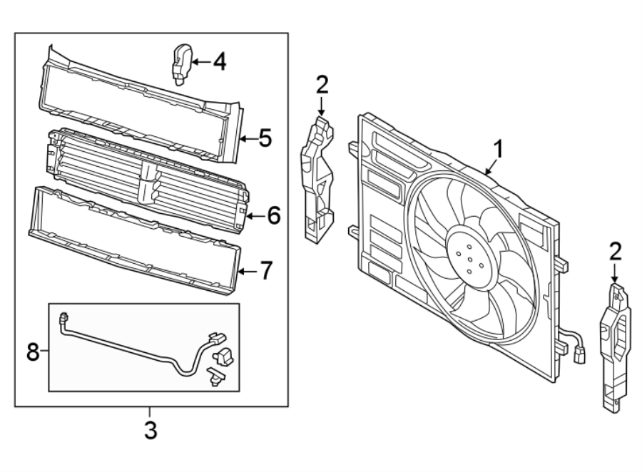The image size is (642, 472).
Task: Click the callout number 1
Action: (499, 149)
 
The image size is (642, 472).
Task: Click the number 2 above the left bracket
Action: (322, 86)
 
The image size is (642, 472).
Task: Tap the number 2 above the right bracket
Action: (616, 250)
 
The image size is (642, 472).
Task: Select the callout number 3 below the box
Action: (151, 431)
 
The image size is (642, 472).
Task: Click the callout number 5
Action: (265, 138)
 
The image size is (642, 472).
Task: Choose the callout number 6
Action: (274, 214)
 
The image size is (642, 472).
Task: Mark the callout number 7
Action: (265, 272)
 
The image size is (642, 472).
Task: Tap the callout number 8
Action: (32, 351)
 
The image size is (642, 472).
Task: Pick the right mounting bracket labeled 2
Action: (615, 347)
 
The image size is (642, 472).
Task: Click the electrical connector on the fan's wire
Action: (579, 353)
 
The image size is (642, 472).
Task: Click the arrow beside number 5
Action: (245, 138)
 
